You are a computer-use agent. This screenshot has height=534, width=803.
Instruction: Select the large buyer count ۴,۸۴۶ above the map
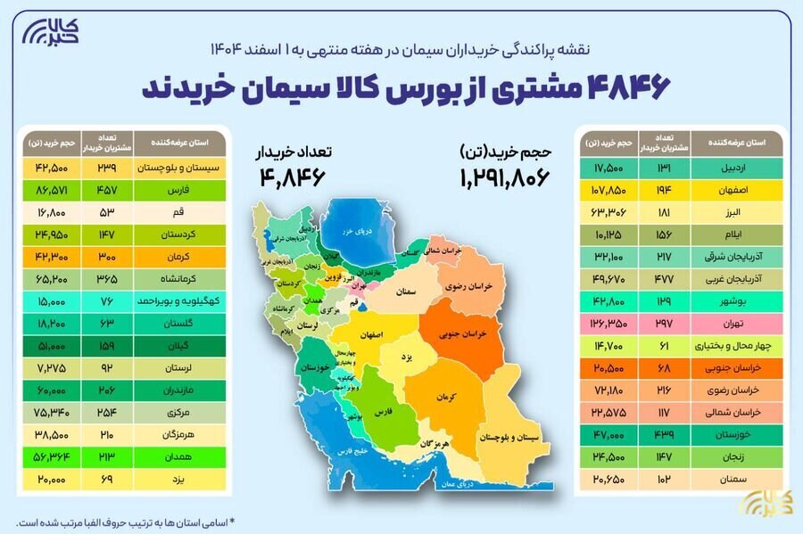coord(292,177)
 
